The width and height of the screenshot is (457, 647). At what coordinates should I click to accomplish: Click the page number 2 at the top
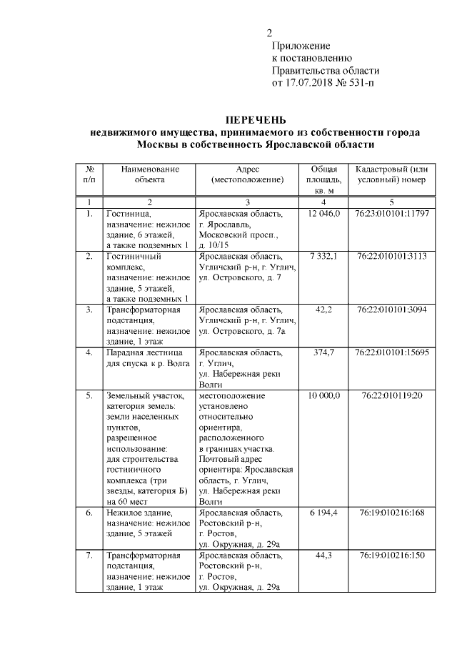[269, 33]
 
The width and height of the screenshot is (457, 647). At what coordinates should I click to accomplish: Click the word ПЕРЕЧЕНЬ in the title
[255, 119]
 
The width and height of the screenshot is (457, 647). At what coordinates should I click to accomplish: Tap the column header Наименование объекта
[149, 174]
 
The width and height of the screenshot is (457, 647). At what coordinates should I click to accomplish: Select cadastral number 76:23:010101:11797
[392, 214]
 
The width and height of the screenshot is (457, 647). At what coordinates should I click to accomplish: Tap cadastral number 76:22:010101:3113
[392, 255]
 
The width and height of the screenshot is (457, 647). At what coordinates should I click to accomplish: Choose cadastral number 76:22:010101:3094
[392, 310]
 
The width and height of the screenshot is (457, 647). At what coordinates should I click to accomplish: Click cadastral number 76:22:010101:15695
[392, 353]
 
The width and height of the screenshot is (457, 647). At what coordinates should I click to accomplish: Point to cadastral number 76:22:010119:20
[392, 395]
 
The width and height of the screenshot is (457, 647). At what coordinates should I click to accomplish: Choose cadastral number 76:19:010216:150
[392, 555]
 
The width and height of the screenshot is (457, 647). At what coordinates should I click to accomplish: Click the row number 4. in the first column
[89, 353]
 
